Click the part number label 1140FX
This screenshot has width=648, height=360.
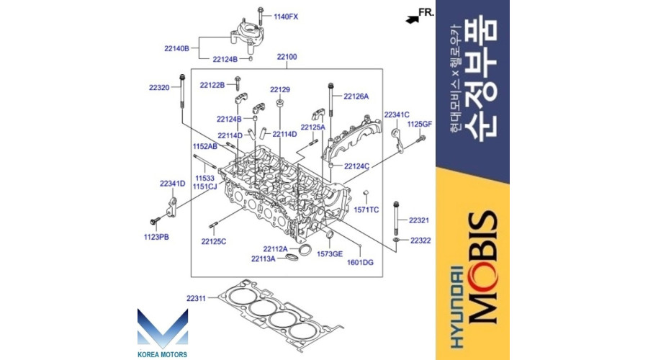(285, 16)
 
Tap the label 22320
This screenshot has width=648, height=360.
(159, 88)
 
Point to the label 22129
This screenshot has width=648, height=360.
(280, 90)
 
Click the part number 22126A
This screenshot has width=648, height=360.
(356, 96)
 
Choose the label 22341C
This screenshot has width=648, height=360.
(397, 114)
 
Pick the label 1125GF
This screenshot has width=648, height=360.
(420, 125)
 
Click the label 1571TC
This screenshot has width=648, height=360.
(366, 210)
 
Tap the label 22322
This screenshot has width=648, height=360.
(420, 240)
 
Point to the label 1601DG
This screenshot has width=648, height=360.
(360, 263)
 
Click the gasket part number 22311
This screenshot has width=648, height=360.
(196, 297)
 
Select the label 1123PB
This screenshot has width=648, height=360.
(155, 236)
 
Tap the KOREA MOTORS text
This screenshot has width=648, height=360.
(162, 354)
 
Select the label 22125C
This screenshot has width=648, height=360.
(214, 241)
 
